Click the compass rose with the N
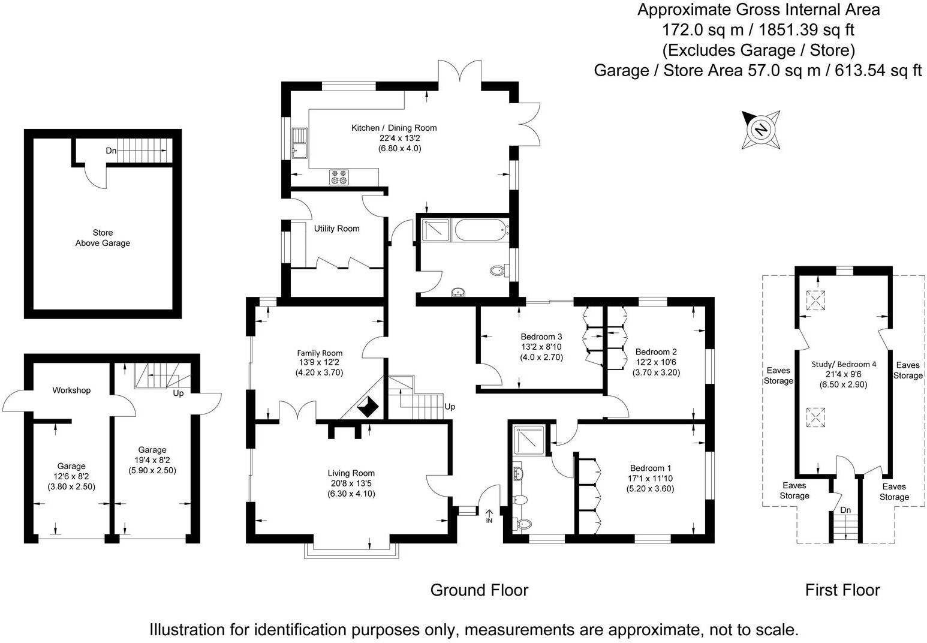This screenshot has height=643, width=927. click(761, 130)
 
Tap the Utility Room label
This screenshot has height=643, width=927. click(336, 229)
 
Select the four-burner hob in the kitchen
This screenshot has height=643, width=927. click(339, 177)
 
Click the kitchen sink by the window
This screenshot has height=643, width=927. click(299, 143)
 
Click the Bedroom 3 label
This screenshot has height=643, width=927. click(541, 336)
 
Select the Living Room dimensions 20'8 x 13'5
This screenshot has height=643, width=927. click(351, 483)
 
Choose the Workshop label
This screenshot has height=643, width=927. click(71, 390)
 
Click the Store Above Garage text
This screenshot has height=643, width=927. click(103, 238)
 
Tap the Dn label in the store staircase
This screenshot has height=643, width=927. click(111, 151)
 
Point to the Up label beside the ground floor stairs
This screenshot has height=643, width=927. click(450, 407)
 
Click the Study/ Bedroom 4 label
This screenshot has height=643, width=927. click(844, 364)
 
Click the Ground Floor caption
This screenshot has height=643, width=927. click(479, 590)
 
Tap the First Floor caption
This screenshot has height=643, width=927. click(842, 590)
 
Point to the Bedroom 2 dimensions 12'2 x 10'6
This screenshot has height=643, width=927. click(656, 362)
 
